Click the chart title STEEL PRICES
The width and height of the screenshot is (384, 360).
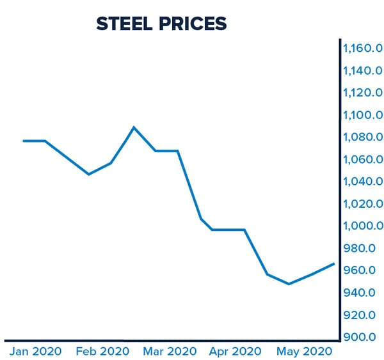point(161,24)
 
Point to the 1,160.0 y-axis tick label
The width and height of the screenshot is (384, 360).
point(362,49)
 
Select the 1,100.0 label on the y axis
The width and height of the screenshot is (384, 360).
point(362,115)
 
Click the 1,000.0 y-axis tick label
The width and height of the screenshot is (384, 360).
point(362,226)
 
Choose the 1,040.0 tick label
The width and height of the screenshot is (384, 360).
point(362,182)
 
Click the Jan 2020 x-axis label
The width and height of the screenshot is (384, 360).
point(35,352)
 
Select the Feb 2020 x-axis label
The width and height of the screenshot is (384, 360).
point(103,352)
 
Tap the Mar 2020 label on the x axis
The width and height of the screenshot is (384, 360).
point(170,352)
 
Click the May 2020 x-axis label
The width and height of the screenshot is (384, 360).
point(305,352)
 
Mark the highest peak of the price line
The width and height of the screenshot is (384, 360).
point(134,127)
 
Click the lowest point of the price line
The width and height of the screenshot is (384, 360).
point(289,283)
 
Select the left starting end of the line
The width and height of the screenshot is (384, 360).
point(24,141)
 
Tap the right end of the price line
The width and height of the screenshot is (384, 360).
point(333,263)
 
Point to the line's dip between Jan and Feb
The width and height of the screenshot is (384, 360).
point(89,174)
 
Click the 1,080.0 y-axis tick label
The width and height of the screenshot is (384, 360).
point(362,137)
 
